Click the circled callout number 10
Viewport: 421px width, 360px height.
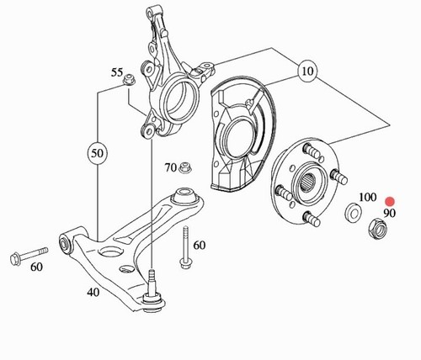307,71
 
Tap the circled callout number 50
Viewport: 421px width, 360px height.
98,153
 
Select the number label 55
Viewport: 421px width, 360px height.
117,72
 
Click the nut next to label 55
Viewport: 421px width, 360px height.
129,79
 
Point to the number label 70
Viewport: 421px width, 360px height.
170,167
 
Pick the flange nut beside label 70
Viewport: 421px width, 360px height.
185,167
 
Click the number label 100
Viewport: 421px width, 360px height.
367,197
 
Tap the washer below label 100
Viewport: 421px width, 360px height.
353,212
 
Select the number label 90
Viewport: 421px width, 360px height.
389,214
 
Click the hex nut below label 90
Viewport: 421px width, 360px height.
377,228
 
